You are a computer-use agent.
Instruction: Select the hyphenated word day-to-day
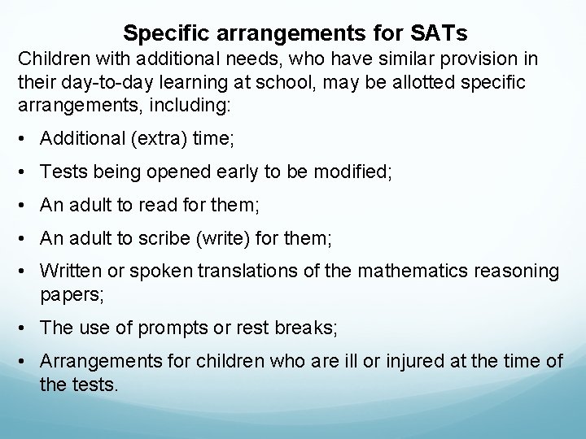[x=99, y=84]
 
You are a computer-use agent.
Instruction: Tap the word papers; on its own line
[x=72, y=293]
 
